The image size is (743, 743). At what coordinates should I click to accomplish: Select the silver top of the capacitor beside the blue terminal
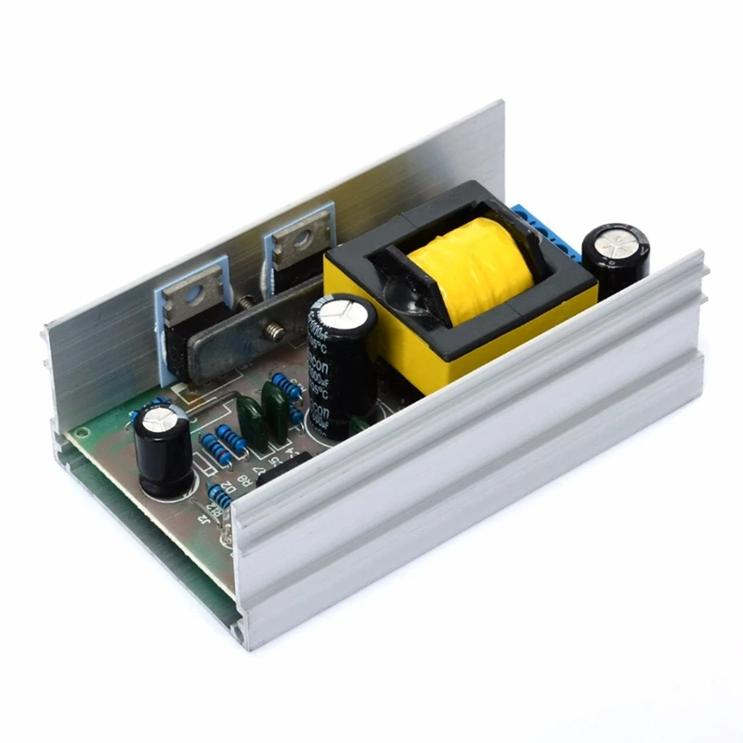(x=617, y=244)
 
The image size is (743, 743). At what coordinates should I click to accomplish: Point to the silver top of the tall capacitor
(x=341, y=311)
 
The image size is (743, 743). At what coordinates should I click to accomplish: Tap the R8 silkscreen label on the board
(x=242, y=481)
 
